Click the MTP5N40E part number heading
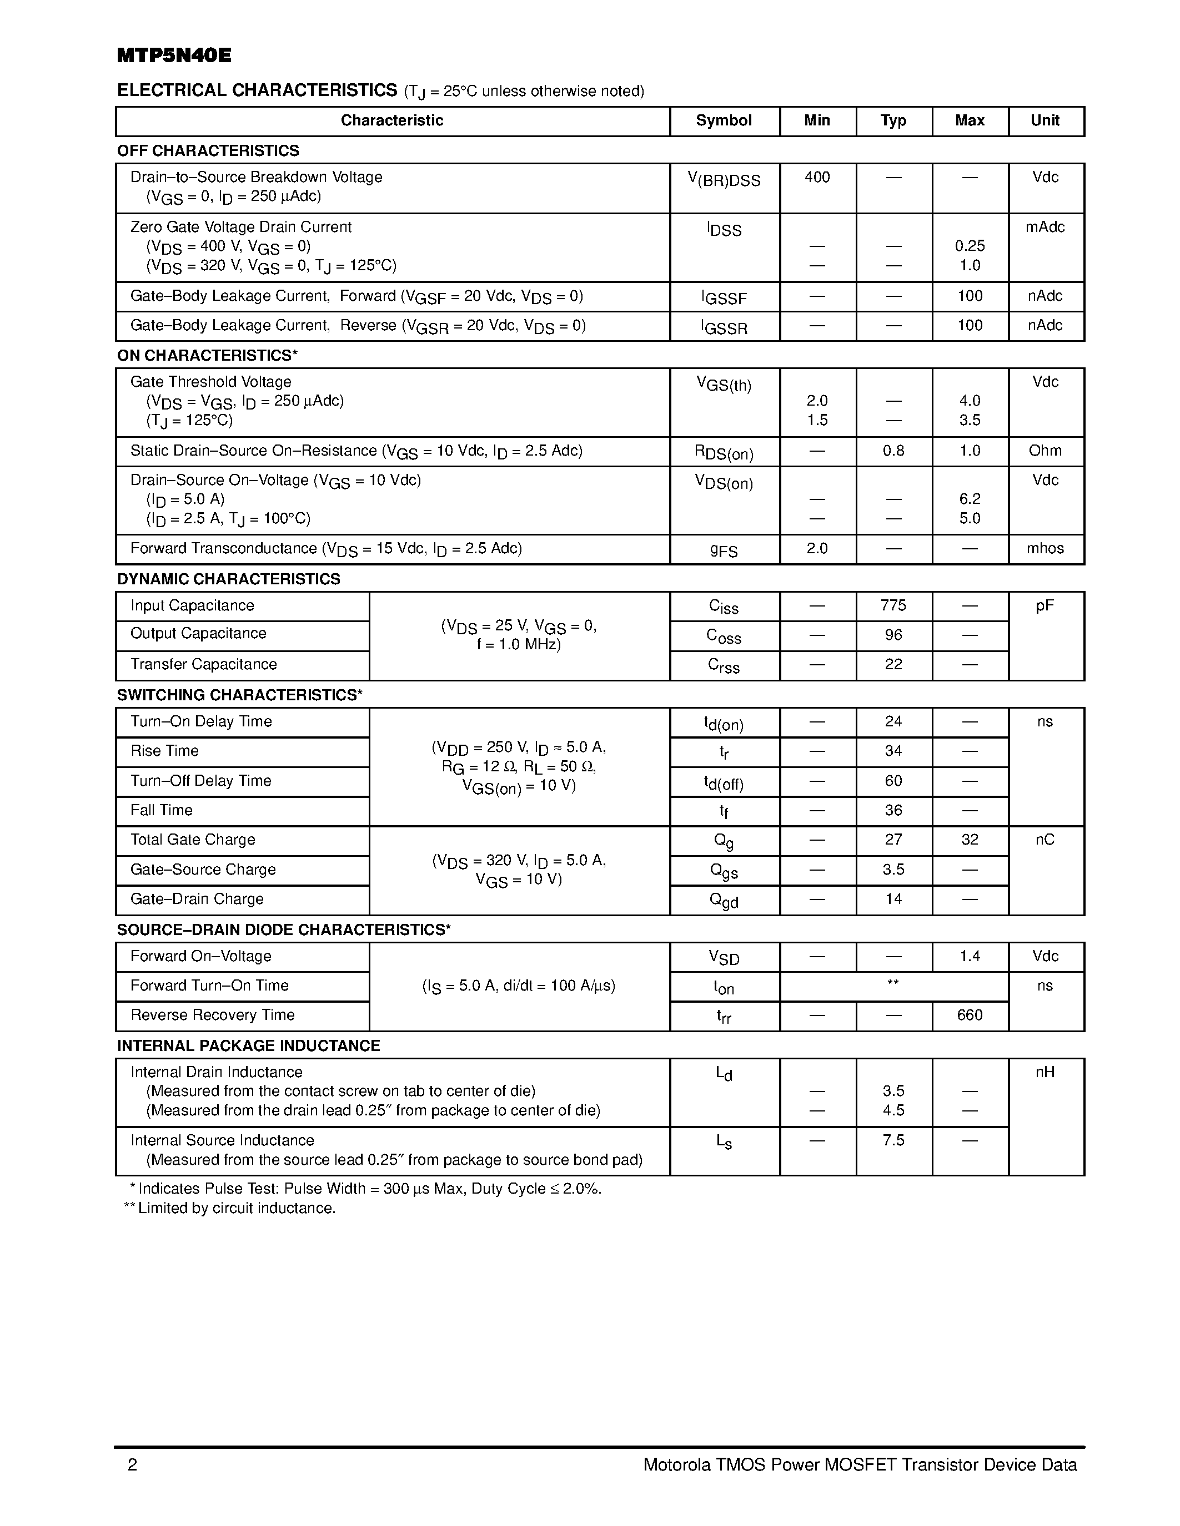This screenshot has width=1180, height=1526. point(173,56)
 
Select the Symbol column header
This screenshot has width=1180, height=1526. point(724,120)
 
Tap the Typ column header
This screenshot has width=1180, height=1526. point(893,120)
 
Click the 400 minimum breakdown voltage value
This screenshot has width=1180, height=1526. point(816,178)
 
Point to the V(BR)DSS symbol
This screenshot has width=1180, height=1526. point(724,180)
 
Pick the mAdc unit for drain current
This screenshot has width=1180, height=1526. point(1045,227)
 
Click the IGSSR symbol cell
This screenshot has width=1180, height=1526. point(724,327)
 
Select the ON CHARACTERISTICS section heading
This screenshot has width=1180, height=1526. point(207,356)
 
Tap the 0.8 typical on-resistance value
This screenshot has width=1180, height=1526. point(893,451)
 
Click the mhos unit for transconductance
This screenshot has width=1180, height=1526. point(1045,548)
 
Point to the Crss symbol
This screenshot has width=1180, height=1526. point(724,666)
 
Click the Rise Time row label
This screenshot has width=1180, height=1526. point(164,751)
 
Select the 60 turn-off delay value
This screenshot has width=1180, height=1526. point(893,780)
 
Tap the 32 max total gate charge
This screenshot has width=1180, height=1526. point(969,840)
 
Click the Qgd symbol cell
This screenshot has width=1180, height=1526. point(724,901)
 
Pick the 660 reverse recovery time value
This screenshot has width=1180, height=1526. point(969,1015)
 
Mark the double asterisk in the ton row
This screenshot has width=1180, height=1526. point(893,983)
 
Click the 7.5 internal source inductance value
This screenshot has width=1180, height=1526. point(893,1140)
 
